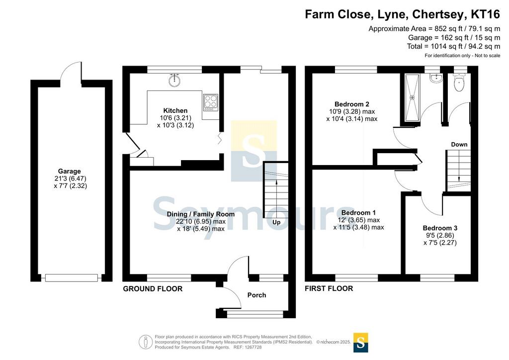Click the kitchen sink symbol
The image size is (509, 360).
174,81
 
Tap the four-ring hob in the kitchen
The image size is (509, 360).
210,102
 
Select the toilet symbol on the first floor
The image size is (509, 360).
459,83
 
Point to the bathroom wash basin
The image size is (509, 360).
435,79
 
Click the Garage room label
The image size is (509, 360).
70,172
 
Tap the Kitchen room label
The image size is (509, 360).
175,111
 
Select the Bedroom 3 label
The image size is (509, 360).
440,228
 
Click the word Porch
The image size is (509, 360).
256,295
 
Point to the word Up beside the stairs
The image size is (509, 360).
276,222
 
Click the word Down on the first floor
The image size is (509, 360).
459,145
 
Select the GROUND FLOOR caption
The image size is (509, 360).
153,288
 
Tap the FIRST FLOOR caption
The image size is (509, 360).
329,288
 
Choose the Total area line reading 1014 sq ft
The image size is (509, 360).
453,46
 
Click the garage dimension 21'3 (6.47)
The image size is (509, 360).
71,179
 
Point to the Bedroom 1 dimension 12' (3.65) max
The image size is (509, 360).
359,220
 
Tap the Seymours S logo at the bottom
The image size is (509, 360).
361,343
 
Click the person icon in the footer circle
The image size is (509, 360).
146,342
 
